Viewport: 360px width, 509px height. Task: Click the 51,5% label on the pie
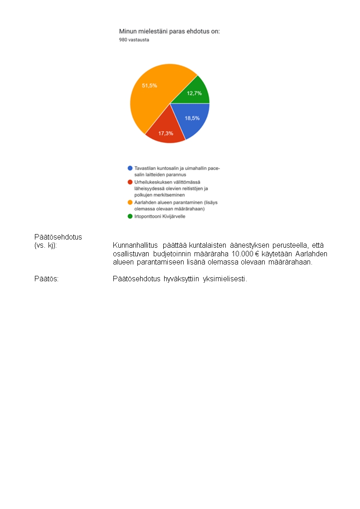pyautogui.click(x=150, y=86)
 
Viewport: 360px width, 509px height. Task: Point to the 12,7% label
pyautogui.click(x=194, y=93)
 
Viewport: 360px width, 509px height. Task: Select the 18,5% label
pyautogui.click(x=192, y=118)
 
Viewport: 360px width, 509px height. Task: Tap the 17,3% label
pyautogui.click(x=165, y=133)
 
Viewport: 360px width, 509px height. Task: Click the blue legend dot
pyautogui.click(x=130, y=168)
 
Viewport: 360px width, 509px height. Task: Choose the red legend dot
pyautogui.click(x=130, y=182)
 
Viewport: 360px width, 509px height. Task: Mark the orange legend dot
pyautogui.click(x=130, y=202)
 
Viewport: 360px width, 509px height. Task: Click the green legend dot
pyautogui.click(x=130, y=216)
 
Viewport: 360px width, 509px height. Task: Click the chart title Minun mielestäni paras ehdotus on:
pyautogui.click(x=169, y=31)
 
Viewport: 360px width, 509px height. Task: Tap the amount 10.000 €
pyautogui.click(x=254, y=254)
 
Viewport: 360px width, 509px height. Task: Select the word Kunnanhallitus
pyautogui.click(x=135, y=245)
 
